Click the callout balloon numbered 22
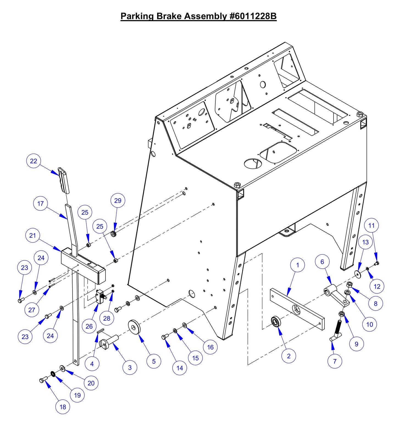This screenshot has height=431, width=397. (34, 161)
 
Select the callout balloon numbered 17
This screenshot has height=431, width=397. (40, 204)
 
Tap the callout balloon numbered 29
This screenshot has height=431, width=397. (118, 201)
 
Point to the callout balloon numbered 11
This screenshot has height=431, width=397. (371, 226)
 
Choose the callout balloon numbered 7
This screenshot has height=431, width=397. (335, 361)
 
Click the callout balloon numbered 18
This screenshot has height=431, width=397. (63, 407)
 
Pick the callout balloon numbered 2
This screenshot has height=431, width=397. (288, 356)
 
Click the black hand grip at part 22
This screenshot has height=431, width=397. (64, 180)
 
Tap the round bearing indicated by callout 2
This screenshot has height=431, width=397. (276, 321)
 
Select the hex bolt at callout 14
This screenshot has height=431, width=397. (165, 337)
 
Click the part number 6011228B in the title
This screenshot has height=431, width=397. (252, 16)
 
